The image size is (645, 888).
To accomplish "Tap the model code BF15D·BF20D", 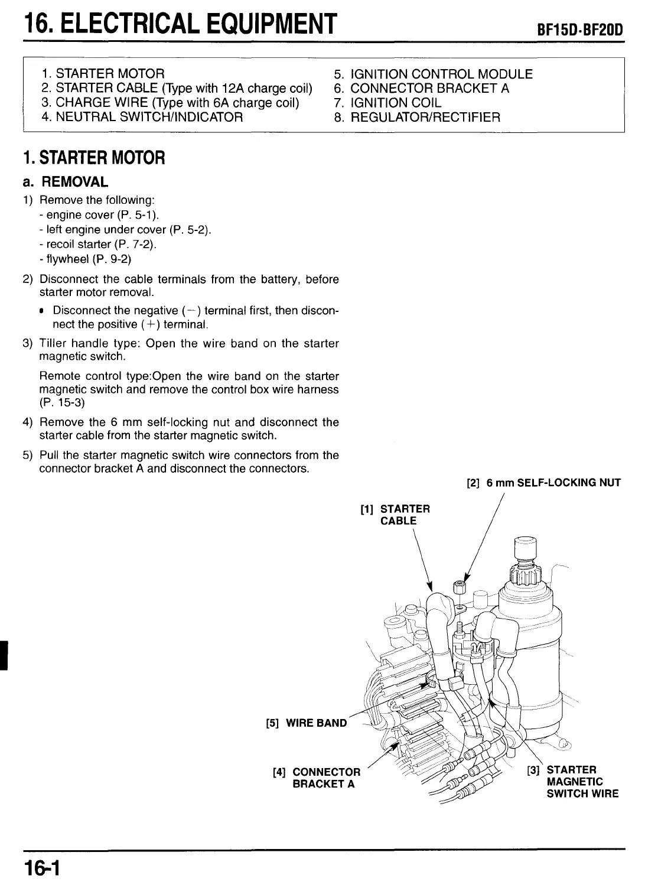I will (580, 30).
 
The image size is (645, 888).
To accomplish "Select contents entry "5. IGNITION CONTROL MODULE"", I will (433, 74).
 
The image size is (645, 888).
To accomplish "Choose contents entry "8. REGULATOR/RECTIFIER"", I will (417, 117).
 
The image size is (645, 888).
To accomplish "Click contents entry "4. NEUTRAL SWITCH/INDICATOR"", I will (142, 117).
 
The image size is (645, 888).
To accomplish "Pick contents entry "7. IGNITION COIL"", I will (387, 103).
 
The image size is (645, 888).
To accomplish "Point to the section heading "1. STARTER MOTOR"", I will (95, 158).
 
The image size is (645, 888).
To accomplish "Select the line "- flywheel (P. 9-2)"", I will (85, 259).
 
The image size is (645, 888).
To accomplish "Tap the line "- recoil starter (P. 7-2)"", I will (98, 244).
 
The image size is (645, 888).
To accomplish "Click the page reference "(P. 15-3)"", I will (62, 403).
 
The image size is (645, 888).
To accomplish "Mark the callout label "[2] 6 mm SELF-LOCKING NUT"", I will (543, 483).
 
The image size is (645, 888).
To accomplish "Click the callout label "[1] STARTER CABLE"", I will (395, 515).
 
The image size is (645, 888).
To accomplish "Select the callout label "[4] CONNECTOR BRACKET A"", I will (317, 778).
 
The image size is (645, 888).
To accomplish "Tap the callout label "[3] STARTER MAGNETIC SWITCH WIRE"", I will (573, 781).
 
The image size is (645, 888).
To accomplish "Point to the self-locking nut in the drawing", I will (459, 588).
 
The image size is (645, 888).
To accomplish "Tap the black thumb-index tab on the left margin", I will (4, 654).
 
